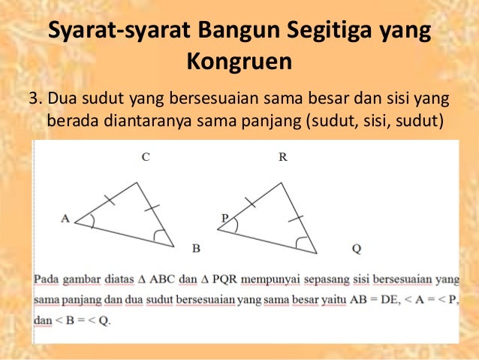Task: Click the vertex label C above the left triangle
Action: coord(146,158)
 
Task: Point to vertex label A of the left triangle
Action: coord(65,219)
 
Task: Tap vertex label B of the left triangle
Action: coord(195,248)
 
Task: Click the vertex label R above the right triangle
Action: coord(283,158)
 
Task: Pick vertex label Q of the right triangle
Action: coord(356,248)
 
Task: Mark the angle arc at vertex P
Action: coord(235,225)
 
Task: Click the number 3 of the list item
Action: coord(32,98)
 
